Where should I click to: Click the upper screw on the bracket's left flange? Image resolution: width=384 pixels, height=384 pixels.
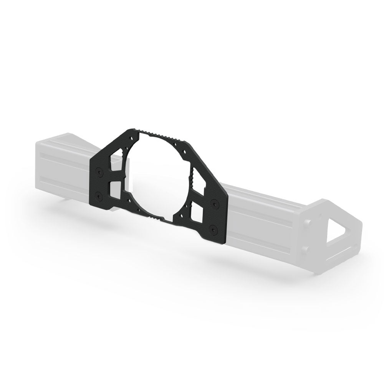click(99, 173)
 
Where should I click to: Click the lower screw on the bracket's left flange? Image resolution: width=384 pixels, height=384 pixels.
click(99, 196)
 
